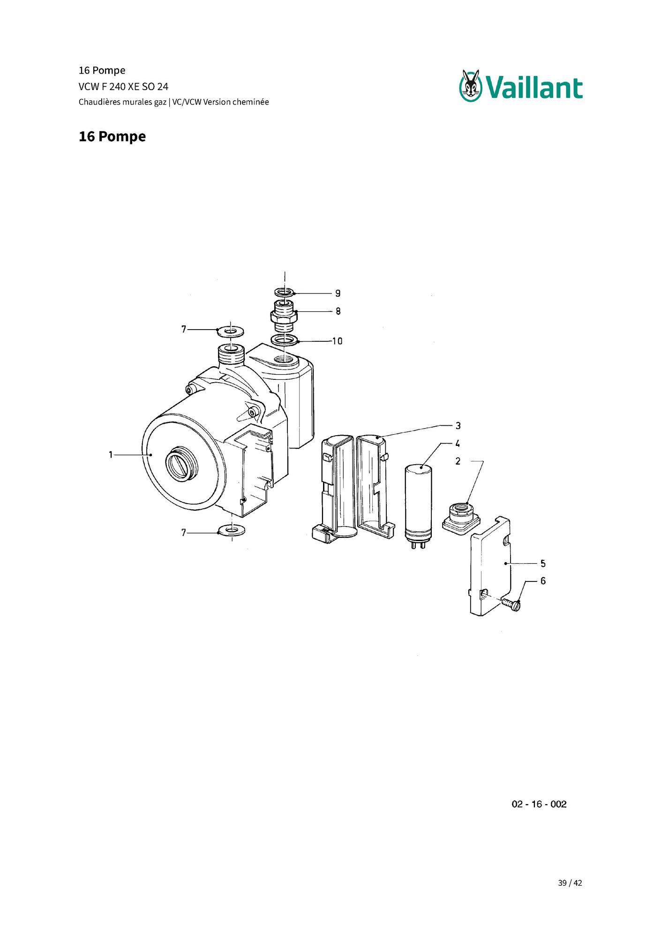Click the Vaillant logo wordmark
(x=534, y=88)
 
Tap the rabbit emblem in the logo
(x=471, y=85)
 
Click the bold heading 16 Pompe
(x=112, y=136)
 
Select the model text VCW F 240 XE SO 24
(x=123, y=86)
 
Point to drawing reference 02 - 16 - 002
(x=539, y=804)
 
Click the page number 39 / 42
(x=570, y=883)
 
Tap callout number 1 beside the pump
(x=111, y=454)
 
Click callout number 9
(x=338, y=294)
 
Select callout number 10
(x=338, y=341)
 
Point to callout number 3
(x=458, y=426)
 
